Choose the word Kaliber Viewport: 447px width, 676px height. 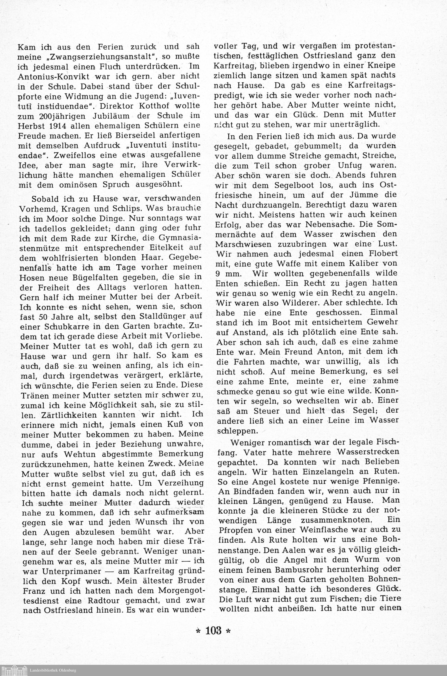click(356, 264)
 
